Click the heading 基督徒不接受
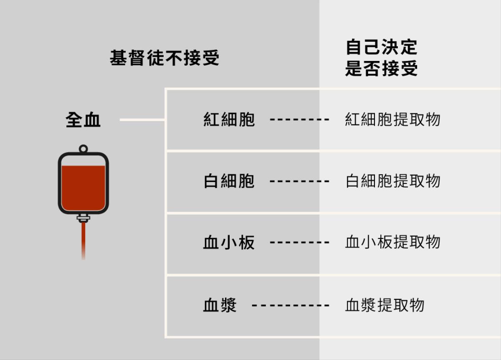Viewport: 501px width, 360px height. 164,58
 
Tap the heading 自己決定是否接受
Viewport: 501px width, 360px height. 381,58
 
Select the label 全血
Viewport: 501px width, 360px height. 83,120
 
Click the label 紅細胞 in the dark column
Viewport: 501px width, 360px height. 229,120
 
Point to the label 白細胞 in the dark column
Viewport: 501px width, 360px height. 229,181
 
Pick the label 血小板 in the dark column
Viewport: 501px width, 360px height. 229,243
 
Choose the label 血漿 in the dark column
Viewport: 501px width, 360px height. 220,305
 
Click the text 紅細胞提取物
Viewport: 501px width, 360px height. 393,120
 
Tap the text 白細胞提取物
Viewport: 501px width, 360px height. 393,181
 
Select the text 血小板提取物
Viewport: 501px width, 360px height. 393,243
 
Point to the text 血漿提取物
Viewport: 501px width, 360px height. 385,305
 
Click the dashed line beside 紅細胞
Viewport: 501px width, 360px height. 300,120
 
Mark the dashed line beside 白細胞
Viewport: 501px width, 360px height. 300,182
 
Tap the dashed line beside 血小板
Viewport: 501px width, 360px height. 300,243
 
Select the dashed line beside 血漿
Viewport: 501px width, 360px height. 291,305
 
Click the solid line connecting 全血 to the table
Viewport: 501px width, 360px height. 142,120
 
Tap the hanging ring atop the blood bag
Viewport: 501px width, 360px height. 83,148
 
